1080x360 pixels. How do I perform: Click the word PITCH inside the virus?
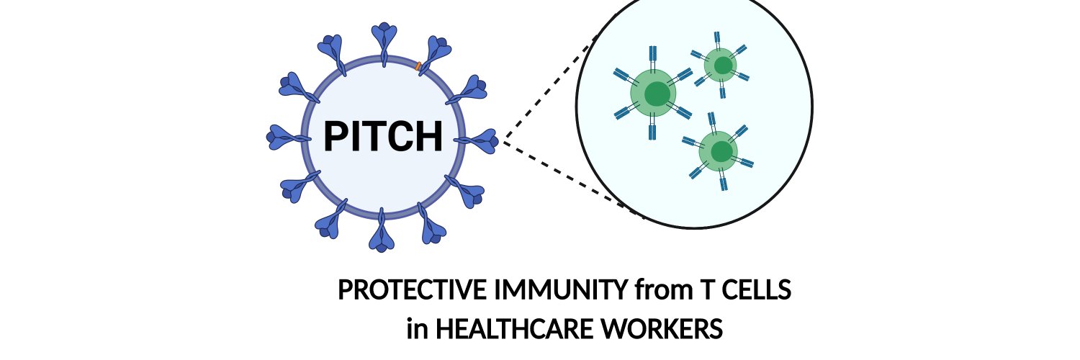pyautogui.click(x=383, y=136)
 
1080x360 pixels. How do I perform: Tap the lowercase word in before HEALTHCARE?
pyautogui.click(x=417, y=330)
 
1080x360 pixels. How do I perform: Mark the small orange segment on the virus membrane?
pyautogui.click(x=418, y=66)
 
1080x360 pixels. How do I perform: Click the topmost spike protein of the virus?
pyautogui.click(x=384, y=43)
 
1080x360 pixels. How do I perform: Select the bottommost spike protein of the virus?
pyautogui.click(x=382, y=231)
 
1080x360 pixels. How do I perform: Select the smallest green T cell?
pyautogui.click(x=720, y=65)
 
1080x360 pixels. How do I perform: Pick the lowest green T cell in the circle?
pyautogui.click(x=719, y=151)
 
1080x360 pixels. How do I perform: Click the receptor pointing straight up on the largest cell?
pyautogui.click(x=653, y=58)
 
